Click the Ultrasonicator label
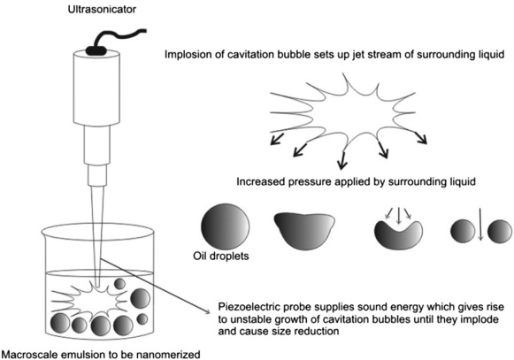click(102, 9)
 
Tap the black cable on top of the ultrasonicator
click(111, 39)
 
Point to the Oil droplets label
click(221, 256)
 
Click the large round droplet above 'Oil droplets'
click(225, 227)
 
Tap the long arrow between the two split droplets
click(480, 224)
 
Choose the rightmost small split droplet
click(499, 232)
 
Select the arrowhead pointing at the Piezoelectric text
click(206, 310)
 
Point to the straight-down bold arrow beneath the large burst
click(342, 161)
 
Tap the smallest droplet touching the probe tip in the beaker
click(119, 284)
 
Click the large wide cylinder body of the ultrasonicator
click(96, 88)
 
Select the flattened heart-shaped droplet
click(304, 231)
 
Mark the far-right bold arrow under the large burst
click(421, 138)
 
